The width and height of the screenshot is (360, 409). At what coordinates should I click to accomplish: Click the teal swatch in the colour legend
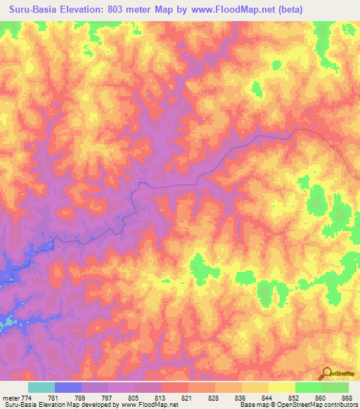pyautogui.click(x=41, y=387)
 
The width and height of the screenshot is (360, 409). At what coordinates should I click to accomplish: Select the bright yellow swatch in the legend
pyautogui.click(x=281, y=387)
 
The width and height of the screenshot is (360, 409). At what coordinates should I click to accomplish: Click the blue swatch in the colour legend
pyautogui.click(x=68, y=387)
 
